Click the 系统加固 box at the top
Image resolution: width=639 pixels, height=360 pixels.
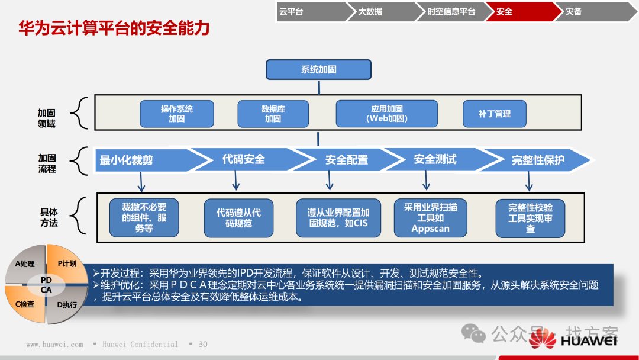pyautogui.click(x=318, y=69)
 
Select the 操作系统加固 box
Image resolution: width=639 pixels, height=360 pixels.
pyautogui.click(x=176, y=114)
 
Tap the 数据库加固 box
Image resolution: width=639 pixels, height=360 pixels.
pyautogui.click(x=273, y=114)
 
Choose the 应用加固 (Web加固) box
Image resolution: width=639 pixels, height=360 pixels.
pyautogui.click(x=386, y=114)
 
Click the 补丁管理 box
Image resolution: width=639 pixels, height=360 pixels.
pyautogui.click(x=494, y=114)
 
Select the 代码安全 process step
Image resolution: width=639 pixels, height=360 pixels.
pyautogui.click(x=244, y=160)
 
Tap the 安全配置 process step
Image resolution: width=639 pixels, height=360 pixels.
pyautogui.click(x=347, y=160)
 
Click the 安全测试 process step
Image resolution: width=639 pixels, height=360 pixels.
pyautogui.click(x=435, y=160)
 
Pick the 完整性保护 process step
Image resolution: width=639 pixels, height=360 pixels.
pyautogui.click(x=537, y=160)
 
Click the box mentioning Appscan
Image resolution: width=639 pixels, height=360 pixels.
pyautogui.click(x=430, y=218)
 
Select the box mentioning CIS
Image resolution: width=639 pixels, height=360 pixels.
pyautogui.click(x=338, y=218)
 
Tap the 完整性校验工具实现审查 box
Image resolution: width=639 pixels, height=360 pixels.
pyautogui.click(x=530, y=218)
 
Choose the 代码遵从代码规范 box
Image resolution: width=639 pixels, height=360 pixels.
pyautogui.click(x=238, y=218)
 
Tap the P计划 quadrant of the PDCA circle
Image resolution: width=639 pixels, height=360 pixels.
pyautogui.click(x=66, y=264)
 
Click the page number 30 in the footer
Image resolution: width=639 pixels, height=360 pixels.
pyautogui.click(x=203, y=345)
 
